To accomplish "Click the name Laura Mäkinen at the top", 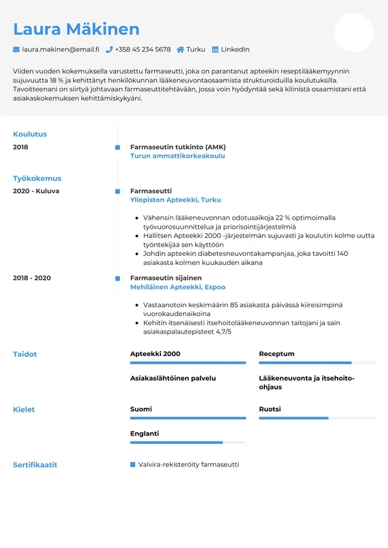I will point(76,29).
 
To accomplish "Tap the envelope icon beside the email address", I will point(16,50).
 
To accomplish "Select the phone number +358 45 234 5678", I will point(143,50).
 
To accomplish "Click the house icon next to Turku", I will point(180,50).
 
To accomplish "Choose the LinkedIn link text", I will point(235,50).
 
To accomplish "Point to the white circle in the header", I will point(354,32).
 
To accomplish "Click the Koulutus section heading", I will point(30,134).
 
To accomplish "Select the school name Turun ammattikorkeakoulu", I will point(178,156).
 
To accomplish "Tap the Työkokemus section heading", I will point(37,178).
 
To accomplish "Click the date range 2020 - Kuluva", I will point(36,191).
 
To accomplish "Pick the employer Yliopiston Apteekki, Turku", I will point(176,200).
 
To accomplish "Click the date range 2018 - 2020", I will point(32,278).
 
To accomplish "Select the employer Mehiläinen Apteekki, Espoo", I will point(178,287).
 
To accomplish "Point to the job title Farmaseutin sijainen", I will point(166,278).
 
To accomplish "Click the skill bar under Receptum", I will point(317,363).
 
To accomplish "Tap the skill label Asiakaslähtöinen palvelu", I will point(173,378).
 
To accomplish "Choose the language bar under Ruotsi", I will point(317,419).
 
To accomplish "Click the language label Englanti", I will point(144,434).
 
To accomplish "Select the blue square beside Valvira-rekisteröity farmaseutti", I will point(133,465).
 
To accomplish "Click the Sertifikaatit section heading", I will point(35,465).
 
